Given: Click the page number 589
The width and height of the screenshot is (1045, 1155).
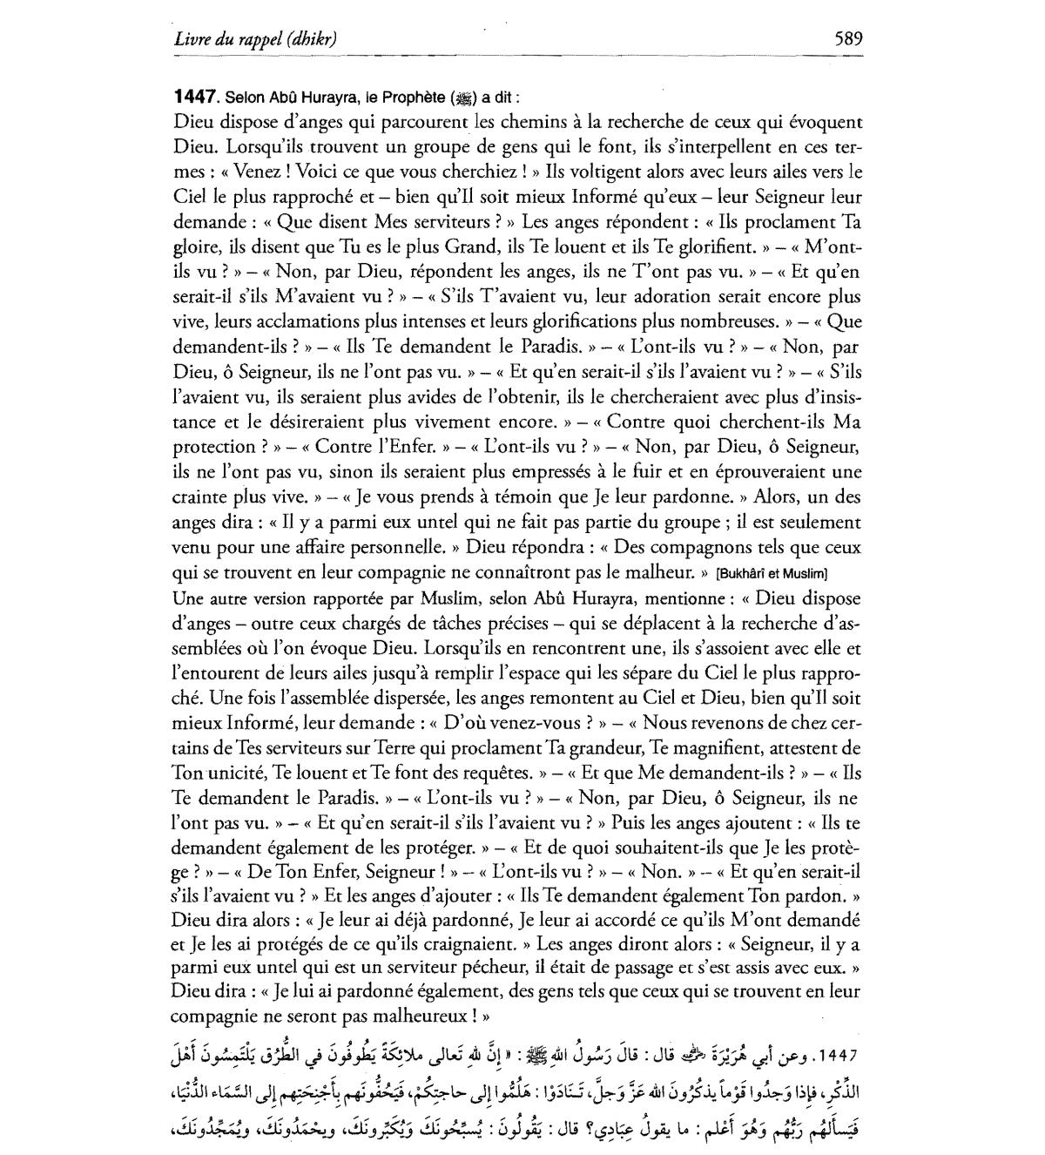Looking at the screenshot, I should [x=847, y=38].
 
